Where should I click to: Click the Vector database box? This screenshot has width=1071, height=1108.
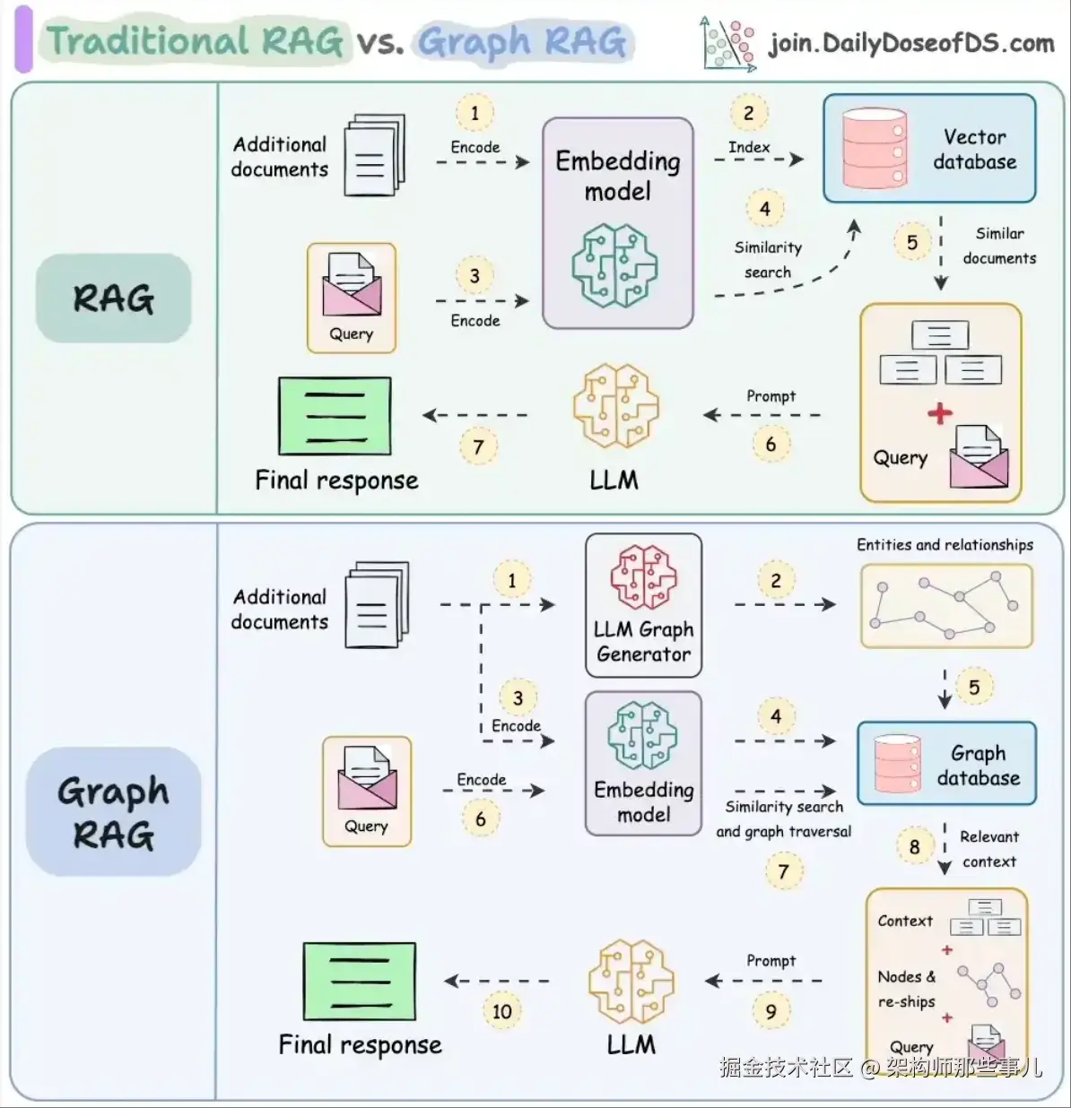tap(929, 149)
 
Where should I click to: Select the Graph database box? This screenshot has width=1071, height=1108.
tap(946, 764)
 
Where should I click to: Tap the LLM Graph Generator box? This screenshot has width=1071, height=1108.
tap(643, 605)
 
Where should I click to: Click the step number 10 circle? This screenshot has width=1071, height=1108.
tap(501, 1011)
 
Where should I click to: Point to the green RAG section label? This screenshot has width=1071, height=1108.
tap(113, 299)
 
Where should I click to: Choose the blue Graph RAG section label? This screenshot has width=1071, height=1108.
tap(113, 812)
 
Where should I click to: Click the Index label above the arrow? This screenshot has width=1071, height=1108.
tap(749, 147)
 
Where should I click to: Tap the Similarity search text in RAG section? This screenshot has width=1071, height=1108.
tap(768, 260)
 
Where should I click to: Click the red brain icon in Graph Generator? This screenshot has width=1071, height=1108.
tap(643, 577)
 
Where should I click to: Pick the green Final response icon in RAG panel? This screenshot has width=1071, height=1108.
tap(335, 416)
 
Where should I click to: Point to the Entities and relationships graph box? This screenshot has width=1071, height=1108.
tap(946, 606)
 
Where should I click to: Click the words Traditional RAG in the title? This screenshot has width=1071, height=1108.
tap(195, 41)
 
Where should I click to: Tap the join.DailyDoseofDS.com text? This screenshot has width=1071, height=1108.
tap(910, 43)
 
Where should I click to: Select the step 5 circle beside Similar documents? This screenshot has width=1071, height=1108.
tap(911, 242)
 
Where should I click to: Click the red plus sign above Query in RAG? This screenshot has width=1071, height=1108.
tap(939, 413)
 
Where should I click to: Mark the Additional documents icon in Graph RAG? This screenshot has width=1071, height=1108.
tap(378, 604)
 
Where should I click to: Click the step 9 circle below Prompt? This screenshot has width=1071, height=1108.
tap(771, 1011)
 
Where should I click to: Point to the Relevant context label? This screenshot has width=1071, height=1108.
tap(988, 849)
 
